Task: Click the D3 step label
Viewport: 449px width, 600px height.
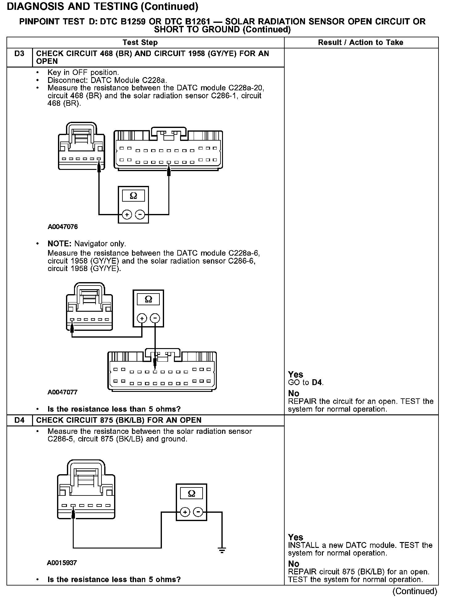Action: coord(19,54)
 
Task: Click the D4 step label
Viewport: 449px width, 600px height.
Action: coord(19,420)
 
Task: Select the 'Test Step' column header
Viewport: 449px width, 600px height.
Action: coord(140,43)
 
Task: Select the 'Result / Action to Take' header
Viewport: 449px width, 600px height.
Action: coord(360,43)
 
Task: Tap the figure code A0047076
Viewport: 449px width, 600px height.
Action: coord(63,227)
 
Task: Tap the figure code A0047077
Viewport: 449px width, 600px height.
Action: coord(63,392)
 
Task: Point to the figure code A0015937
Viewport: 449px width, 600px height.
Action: coord(62,563)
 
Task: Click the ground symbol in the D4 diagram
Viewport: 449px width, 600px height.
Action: coord(222,550)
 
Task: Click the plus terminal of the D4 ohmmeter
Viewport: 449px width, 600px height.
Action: coord(185,512)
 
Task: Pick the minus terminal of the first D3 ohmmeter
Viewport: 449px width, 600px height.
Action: coord(140,214)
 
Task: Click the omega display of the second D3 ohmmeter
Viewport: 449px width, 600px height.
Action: coord(148,299)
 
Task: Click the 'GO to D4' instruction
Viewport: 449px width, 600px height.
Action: coord(306,383)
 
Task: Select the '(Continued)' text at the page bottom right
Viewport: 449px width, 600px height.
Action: coord(415,591)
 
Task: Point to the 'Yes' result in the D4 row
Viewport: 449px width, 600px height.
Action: coord(295,537)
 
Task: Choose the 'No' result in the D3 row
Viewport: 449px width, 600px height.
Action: coord(294,393)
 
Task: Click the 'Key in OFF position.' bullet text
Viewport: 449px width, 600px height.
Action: coord(83,73)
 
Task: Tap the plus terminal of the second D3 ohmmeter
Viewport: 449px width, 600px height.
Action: coord(142,318)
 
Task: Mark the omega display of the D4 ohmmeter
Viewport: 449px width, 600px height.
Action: coord(192,494)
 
